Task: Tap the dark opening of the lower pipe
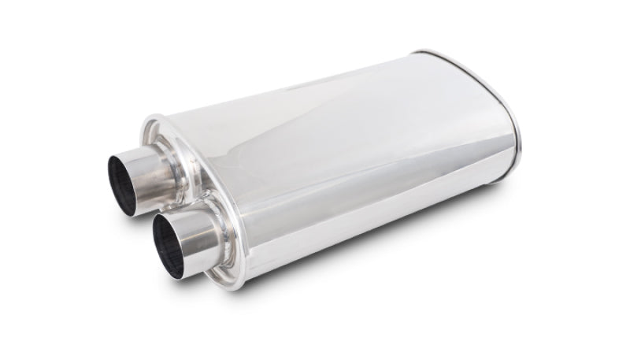tap(168, 244)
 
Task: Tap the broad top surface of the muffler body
tap(331, 118)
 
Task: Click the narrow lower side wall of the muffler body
tap(354, 228)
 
